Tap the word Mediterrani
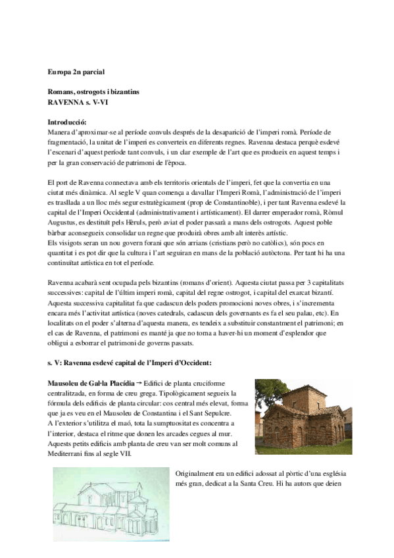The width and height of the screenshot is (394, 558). point(68,453)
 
